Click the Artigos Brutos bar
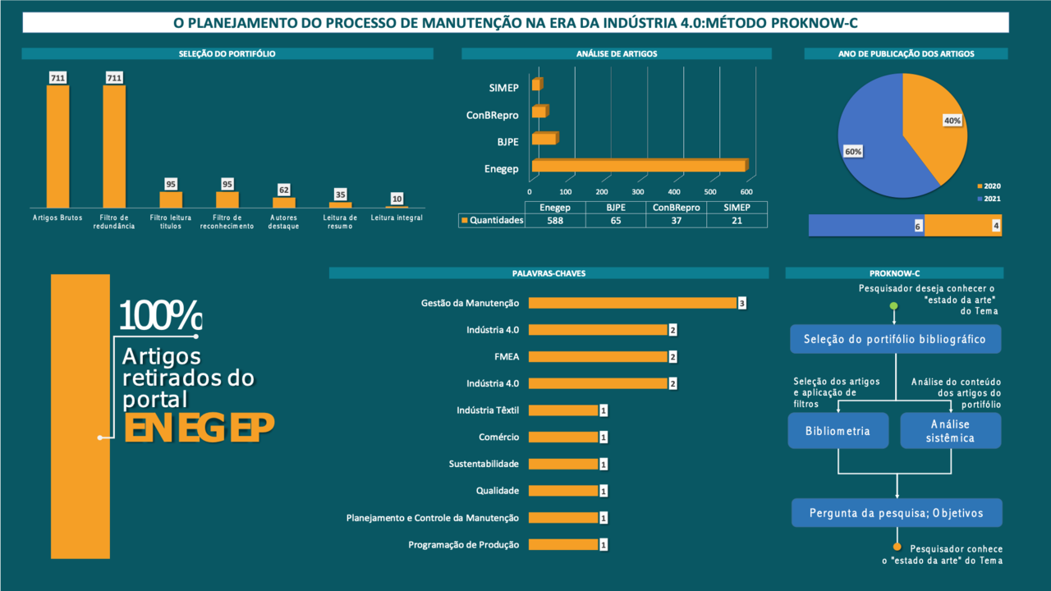click(57, 146)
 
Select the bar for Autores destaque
click(283, 202)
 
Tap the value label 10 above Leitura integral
click(397, 199)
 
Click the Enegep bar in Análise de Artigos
click(638, 167)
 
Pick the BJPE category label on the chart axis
click(507, 142)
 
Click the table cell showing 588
click(556, 220)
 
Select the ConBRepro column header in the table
click(677, 208)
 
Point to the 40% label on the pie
click(952, 121)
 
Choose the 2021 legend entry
click(992, 199)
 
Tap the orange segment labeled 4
click(962, 226)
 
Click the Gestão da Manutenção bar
click(632, 303)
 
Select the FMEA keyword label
click(507, 356)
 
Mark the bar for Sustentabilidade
click(562, 464)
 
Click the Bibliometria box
click(838, 431)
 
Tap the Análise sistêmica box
click(950, 431)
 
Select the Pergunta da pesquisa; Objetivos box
click(896, 513)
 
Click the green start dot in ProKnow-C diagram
click(894, 307)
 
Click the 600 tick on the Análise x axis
click(746, 190)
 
